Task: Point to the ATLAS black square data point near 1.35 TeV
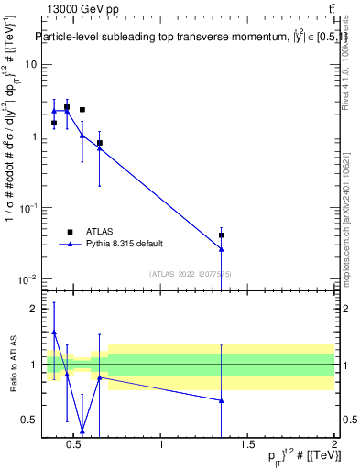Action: (221, 235)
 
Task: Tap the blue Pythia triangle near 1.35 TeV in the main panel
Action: (221, 248)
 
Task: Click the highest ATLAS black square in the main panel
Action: (67, 107)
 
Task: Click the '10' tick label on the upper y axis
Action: (30, 65)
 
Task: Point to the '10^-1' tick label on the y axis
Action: (27, 208)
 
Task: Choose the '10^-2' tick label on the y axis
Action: (27, 279)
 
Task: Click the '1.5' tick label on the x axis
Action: (247, 445)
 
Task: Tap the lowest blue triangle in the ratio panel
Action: (82, 431)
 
